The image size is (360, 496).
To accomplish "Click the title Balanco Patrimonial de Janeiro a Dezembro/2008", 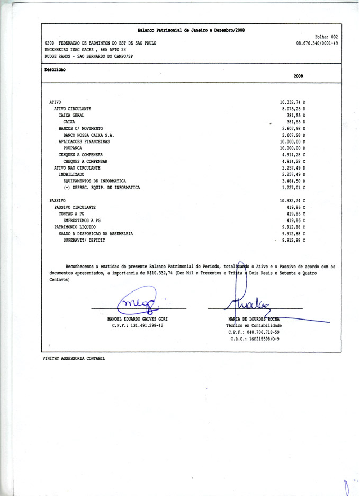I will pyautogui.click(x=191, y=31).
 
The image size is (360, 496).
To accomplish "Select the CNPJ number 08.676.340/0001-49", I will pyautogui.click(x=318, y=43).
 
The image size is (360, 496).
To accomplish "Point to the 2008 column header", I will pyautogui.click(x=298, y=76).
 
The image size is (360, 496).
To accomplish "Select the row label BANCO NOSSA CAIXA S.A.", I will pyautogui.click(x=88, y=135).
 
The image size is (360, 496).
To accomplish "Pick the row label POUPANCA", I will pyautogui.click(x=75, y=148).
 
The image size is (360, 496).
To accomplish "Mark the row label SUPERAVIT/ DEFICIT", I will pyautogui.click(x=84, y=240).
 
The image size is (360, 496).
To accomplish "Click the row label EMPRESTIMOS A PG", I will pyautogui.click(x=82, y=220).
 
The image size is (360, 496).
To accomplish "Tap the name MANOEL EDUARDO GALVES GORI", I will pyautogui.click(x=138, y=319).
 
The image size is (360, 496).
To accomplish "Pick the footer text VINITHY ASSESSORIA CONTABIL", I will pyautogui.click(x=74, y=359).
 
